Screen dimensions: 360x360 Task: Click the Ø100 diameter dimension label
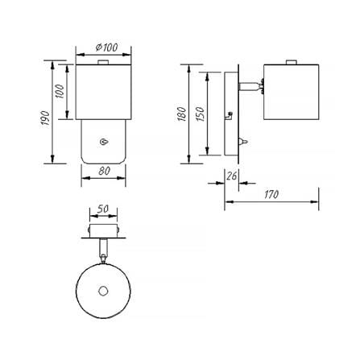point(106,48)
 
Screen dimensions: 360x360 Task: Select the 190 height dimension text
point(45,118)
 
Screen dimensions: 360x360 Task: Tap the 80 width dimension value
point(104,171)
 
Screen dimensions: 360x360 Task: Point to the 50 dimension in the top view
point(103,209)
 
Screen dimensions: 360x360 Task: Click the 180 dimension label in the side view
point(182,114)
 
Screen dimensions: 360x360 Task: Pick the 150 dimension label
point(200,114)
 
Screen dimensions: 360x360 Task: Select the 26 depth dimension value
point(232,176)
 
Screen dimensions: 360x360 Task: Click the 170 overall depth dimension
point(271,194)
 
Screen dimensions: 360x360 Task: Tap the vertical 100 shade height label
point(60,92)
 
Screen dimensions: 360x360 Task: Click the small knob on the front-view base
point(104,142)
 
